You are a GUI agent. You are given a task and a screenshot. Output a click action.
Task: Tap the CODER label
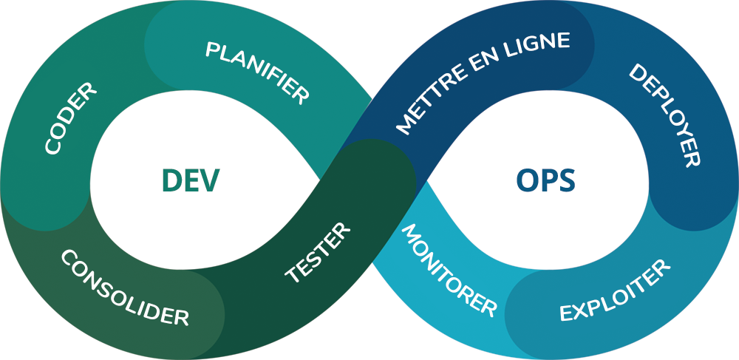tap(71, 119)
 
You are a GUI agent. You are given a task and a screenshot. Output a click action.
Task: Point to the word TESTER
tap(318, 252)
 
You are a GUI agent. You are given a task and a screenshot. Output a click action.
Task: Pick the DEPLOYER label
tap(664, 115)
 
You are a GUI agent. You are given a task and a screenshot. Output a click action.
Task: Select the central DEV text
tap(191, 180)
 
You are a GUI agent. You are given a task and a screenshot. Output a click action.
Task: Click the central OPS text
tap(545, 180)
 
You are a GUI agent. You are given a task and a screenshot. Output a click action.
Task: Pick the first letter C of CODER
tap(53, 146)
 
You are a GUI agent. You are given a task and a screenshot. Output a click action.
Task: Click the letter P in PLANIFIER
tap(212, 50)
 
